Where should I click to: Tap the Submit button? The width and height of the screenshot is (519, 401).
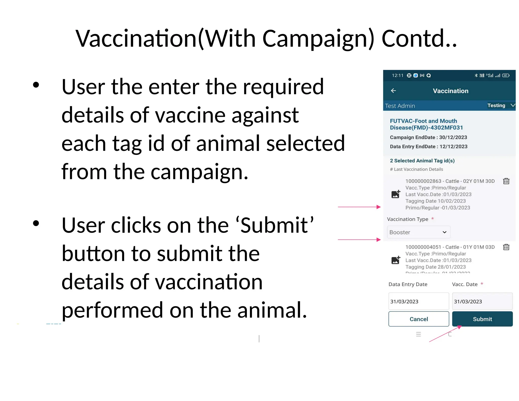click(x=482, y=319)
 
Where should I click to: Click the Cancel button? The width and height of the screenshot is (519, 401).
click(x=418, y=319)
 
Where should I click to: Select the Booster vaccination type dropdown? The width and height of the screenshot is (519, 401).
click(x=418, y=232)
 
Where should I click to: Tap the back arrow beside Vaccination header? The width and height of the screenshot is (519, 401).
click(x=393, y=91)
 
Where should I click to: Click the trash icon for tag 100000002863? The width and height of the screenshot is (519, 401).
click(x=506, y=181)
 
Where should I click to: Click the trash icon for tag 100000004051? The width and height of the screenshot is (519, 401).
click(x=506, y=247)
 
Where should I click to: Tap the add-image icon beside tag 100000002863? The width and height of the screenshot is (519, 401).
click(x=396, y=194)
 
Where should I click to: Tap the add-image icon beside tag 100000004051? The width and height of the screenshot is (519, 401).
click(x=396, y=260)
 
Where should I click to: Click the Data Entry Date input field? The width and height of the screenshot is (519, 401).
click(x=418, y=301)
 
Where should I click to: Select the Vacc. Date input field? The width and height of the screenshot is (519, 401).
click(x=482, y=301)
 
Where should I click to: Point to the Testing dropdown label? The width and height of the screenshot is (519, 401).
click(x=496, y=105)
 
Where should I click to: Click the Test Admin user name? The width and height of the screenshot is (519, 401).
click(x=400, y=106)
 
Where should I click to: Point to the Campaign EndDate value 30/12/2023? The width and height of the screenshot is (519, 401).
click(x=453, y=137)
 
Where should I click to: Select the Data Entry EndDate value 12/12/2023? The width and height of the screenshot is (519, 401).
click(x=453, y=147)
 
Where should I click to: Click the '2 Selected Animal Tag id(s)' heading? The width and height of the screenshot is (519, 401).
click(x=422, y=161)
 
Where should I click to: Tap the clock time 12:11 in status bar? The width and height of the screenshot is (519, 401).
click(x=397, y=76)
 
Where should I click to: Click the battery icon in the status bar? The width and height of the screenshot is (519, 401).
click(x=506, y=76)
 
